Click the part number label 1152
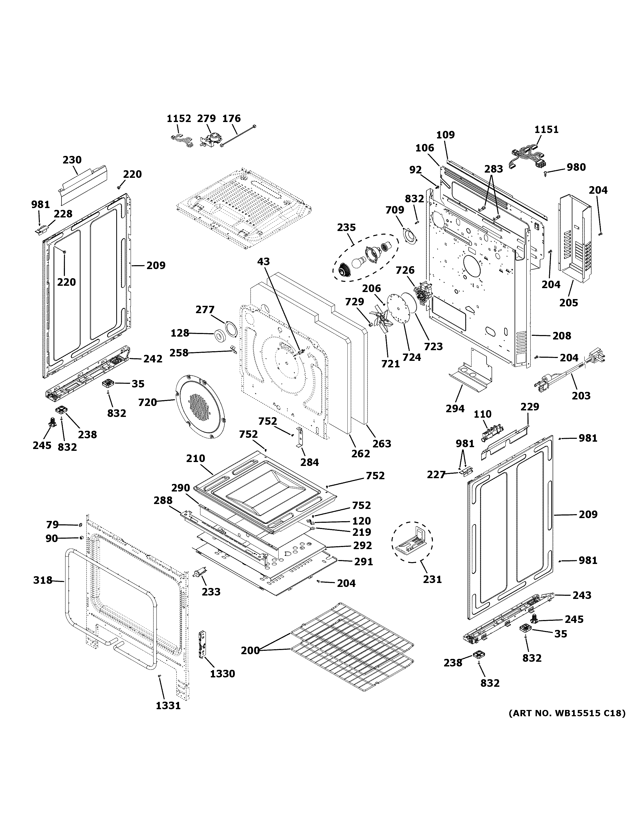pos(179,119)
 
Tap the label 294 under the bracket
pos(455,409)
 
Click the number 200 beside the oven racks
pos(250,650)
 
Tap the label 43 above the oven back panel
pos(264,261)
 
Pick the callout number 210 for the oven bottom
pos(195,458)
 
